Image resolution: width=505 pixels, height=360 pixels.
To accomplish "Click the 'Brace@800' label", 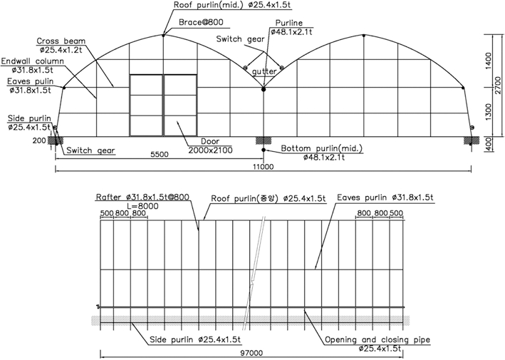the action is (x=201, y=22).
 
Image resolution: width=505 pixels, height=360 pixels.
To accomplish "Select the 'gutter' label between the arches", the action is (x=264, y=71).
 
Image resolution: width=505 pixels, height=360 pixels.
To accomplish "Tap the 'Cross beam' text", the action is (x=61, y=41).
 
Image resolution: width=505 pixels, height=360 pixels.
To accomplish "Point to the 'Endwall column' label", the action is (x=33, y=61).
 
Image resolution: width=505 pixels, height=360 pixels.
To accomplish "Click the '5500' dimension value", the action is (x=160, y=155).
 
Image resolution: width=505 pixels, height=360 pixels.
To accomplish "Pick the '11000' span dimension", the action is (x=263, y=167).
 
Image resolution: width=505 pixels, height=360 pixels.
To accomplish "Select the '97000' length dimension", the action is (x=251, y=354).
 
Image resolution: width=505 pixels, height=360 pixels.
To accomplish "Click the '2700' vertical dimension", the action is (x=499, y=85).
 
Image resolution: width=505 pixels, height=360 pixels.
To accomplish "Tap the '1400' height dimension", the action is (x=488, y=61).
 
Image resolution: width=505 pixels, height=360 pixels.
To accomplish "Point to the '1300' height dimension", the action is (x=488, y=112).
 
